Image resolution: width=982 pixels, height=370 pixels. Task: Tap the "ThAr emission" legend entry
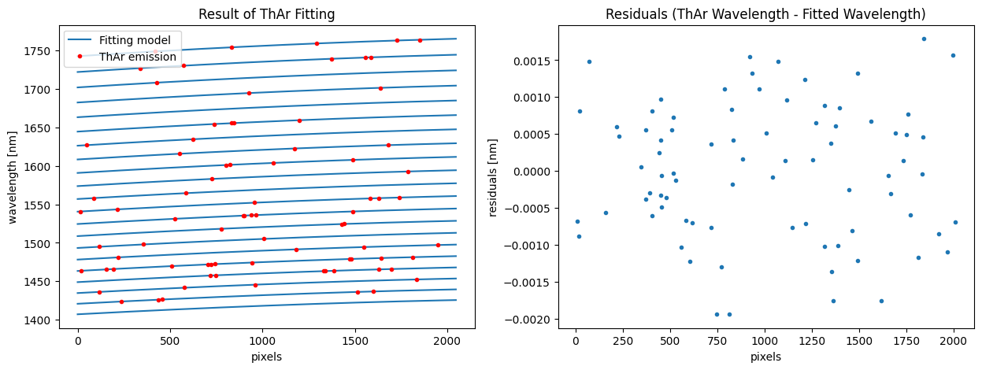pyautogui.click(x=138, y=57)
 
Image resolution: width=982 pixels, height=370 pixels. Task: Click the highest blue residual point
pyautogui.click(x=924, y=39)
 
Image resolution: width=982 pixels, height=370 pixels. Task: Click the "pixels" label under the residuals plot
pyautogui.click(x=765, y=357)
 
